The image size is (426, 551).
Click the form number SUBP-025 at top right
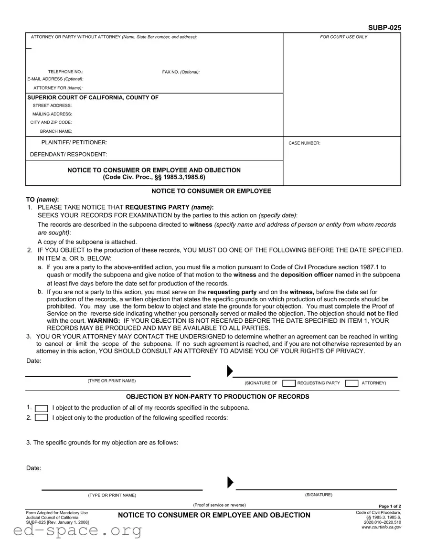(x=384, y=28)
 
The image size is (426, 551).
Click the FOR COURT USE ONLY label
(x=343, y=37)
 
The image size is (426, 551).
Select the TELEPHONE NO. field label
(x=65, y=72)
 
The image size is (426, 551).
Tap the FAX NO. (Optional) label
(x=181, y=72)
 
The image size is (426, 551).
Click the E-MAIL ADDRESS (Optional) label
(x=55, y=79)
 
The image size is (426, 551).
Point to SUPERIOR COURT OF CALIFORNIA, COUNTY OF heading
(x=93, y=97)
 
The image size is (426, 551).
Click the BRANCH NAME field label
(x=56, y=131)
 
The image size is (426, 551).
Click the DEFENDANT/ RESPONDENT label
(x=68, y=154)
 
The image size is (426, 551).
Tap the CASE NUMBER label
(x=304, y=143)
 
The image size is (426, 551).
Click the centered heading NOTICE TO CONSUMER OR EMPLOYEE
(x=211, y=191)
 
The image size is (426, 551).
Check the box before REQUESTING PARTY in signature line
(x=288, y=383)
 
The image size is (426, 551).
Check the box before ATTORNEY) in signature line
(x=351, y=383)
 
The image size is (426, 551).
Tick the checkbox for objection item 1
(x=42, y=408)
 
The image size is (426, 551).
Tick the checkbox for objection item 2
(x=42, y=418)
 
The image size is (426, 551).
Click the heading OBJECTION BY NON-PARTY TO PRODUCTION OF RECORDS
(x=211, y=397)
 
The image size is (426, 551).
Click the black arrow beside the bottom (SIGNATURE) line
(x=230, y=483)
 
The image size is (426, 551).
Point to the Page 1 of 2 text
(x=390, y=507)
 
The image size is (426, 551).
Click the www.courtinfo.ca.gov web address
(x=381, y=527)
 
